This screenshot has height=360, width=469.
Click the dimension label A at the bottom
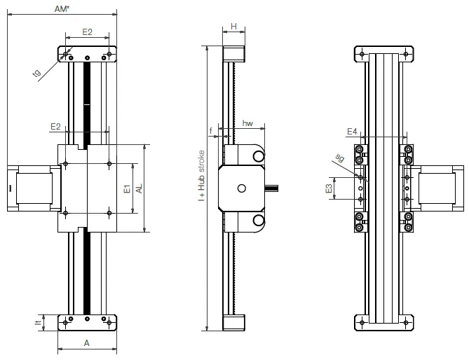pos(87,343)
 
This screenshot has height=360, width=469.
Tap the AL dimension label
pos(140,189)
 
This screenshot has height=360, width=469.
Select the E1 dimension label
pos(127,189)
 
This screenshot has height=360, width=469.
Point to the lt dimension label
pos(38,323)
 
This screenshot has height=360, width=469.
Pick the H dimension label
pos(233,26)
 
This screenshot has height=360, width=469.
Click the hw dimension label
pos(247,123)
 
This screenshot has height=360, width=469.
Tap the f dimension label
pos(211,130)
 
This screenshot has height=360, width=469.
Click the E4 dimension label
pos(353,131)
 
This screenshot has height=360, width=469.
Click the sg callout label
pos(340,158)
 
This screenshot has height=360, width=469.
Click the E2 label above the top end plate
pos(87,32)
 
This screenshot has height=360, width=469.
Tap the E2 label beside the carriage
pos(56,126)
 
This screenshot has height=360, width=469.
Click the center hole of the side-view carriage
pos(242,188)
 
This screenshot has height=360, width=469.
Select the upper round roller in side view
pos(258,155)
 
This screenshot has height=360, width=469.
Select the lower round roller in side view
pos(258,221)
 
